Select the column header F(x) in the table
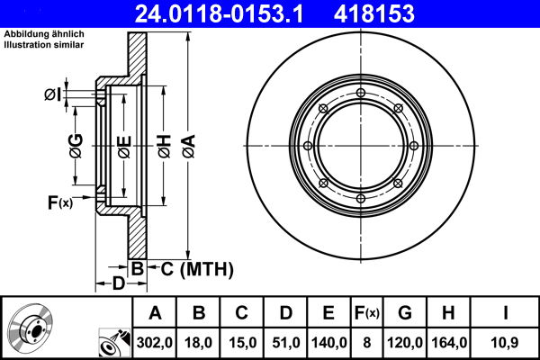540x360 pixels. pyautogui.click(x=367, y=313)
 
